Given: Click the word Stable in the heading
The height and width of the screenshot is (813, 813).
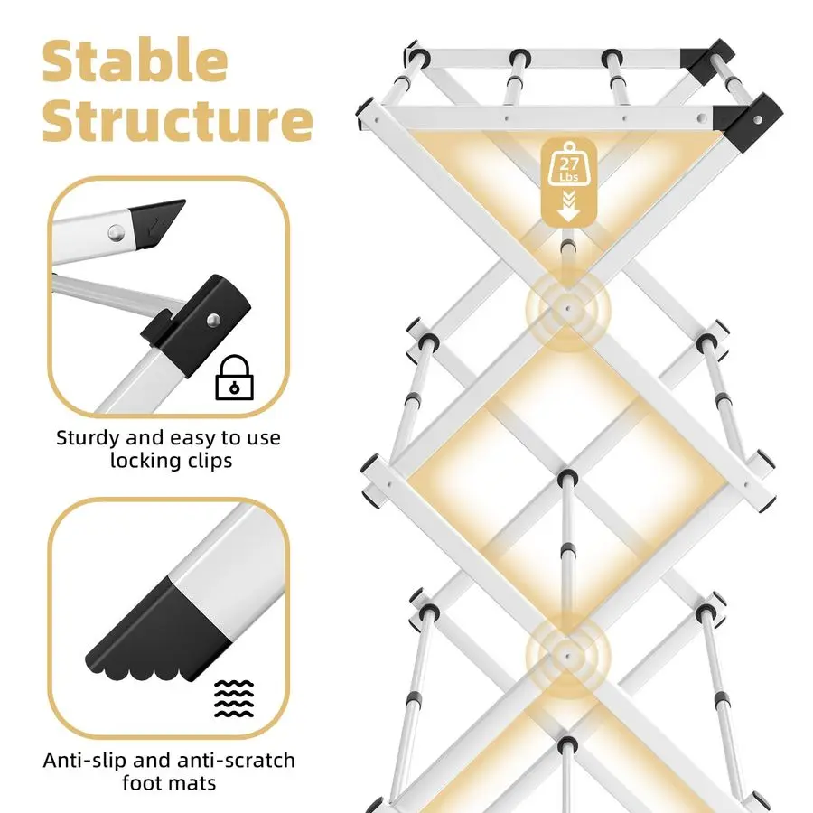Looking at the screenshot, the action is [x=135, y=61].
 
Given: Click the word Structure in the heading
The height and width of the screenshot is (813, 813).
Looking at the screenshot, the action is [x=177, y=120].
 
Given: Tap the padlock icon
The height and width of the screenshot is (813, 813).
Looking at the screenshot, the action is [x=234, y=378].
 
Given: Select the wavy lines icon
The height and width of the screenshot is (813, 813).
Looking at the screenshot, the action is [x=234, y=698].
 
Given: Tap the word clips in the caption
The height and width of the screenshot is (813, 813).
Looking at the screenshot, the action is [x=210, y=461].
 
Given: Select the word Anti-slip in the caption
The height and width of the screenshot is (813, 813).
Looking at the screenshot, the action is [x=85, y=761].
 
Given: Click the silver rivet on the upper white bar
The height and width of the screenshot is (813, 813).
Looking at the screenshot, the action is [x=117, y=233].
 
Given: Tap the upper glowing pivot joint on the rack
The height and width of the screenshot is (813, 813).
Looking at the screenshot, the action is [x=568, y=309].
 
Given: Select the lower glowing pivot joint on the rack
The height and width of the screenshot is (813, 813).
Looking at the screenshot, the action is [x=568, y=657].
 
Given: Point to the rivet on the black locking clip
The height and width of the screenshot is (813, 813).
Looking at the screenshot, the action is [x=213, y=321].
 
